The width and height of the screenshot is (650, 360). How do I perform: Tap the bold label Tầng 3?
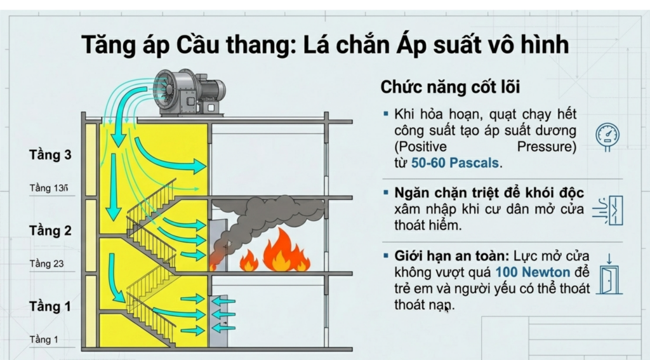[x=50, y=155]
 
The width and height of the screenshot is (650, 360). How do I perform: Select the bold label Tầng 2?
[x=50, y=230]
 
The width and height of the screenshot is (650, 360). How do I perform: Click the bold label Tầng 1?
[x=50, y=307]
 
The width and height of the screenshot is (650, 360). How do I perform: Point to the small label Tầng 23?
[x=46, y=263]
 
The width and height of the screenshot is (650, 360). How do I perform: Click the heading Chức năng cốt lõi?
[x=450, y=87]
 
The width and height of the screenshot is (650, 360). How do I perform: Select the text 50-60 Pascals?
[x=455, y=163]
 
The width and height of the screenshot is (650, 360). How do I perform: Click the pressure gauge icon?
[x=607, y=134]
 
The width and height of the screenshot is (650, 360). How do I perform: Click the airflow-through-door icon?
[x=607, y=210]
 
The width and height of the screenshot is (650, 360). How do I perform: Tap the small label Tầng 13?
[x=48, y=188]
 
